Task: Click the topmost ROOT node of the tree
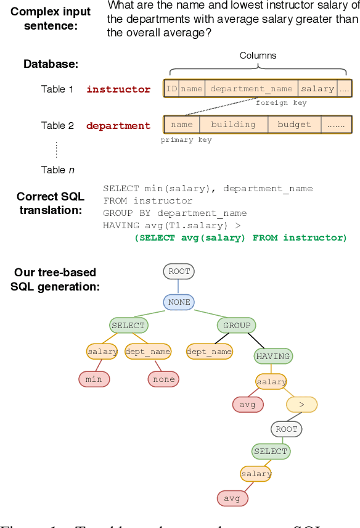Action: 179,271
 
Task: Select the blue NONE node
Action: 179,302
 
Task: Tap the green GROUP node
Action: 237,325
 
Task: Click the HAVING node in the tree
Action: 272,356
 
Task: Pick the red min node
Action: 94,379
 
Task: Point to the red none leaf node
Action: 163,379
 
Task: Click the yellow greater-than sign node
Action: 301,405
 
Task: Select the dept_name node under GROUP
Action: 209,352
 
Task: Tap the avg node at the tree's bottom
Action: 232,498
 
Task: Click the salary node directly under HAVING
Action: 271,382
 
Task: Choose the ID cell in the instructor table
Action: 171,89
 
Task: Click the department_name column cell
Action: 251,89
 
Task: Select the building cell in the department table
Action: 233,125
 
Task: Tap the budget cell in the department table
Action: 294,125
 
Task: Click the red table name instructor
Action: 118,89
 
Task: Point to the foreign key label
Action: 280,103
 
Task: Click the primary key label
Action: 186,140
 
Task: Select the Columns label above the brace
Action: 258,56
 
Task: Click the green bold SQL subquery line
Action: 240,237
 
